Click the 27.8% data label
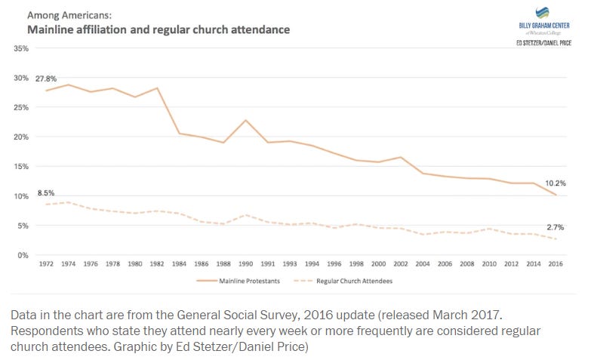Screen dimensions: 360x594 pos(47,78)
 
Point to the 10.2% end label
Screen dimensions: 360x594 pos(556,183)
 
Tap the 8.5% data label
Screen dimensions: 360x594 pos(47,192)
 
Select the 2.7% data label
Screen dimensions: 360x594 pos(556,227)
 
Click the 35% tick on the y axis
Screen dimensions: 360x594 pos(21,48)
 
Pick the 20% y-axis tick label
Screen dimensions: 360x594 pos(21,137)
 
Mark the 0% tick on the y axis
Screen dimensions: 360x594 pos(23,255)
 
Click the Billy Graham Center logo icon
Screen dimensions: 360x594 pos(542,13)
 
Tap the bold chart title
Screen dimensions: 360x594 pos(159,29)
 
